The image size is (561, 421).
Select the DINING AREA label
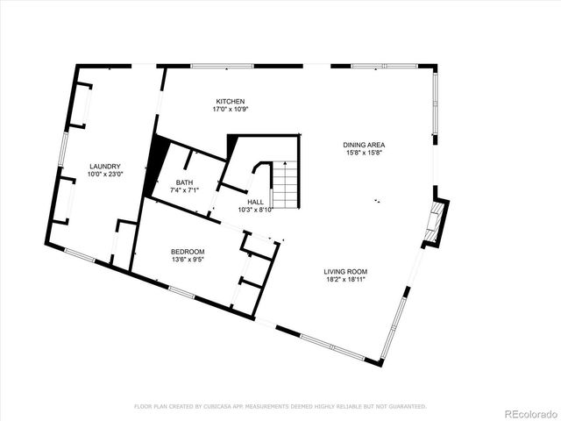point(365,145)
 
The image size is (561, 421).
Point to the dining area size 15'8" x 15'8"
point(365,153)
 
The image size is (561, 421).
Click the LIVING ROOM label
point(344,272)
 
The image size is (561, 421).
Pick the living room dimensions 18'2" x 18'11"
point(344,281)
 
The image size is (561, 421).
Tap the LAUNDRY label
point(104,167)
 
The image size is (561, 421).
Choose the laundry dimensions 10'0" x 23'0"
point(104,175)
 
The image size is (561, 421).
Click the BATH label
point(184,182)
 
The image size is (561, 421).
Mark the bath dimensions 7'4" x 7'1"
point(184,190)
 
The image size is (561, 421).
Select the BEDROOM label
point(188,252)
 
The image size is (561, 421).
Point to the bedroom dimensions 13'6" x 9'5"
point(188,260)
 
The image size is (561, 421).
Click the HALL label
point(256,202)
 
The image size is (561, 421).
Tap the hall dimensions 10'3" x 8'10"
point(256,210)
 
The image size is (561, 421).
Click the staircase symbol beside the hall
point(286,184)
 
